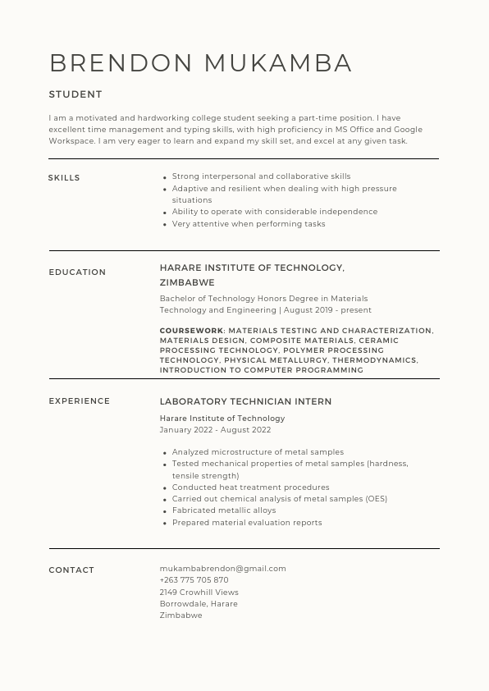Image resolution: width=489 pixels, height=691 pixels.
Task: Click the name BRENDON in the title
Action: click(x=121, y=63)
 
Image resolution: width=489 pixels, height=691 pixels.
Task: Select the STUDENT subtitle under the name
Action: click(x=75, y=94)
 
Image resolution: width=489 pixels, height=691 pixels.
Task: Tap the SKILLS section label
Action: click(x=64, y=178)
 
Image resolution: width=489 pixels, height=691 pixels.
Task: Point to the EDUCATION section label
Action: click(x=77, y=272)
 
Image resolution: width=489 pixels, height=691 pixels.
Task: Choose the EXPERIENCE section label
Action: click(x=79, y=401)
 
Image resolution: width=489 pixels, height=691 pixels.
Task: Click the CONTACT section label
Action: click(x=71, y=570)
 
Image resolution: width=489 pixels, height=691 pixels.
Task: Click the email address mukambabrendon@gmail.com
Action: click(x=222, y=569)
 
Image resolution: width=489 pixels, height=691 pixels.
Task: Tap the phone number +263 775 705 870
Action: click(x=194, y=580)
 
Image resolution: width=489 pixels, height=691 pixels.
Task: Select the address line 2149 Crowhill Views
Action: click(x=199, y=593)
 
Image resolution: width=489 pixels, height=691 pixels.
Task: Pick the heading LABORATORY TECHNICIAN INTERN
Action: click(x=245, y=402)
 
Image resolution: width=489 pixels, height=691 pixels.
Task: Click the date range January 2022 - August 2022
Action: click(x=215, y=430)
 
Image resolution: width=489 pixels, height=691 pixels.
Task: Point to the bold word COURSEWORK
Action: click(x=191, y=331)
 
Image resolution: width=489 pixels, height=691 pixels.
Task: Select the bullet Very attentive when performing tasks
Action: click(x=248, y=224)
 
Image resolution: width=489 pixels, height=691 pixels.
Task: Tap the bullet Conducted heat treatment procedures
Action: click(x=250, y=487)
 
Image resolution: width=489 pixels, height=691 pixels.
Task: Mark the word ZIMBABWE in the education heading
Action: click(x=187, y=283)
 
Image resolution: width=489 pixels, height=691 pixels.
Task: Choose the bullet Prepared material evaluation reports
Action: click(x=246, y=523)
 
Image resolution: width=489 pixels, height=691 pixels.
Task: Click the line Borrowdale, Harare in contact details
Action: click(x=199, y=604)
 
